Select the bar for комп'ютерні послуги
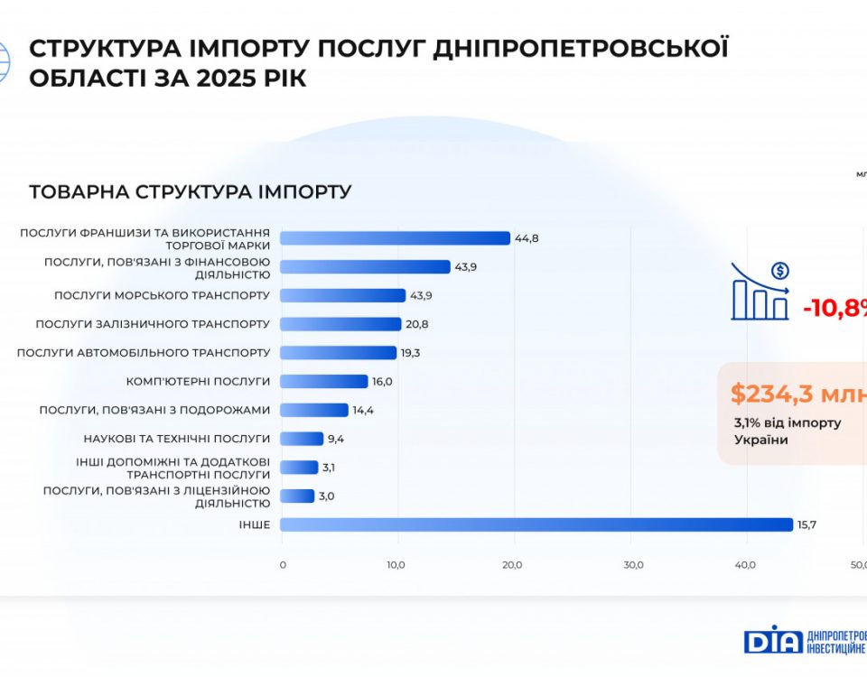click(324, 381)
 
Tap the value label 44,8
click(527, 238)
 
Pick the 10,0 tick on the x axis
click(396, 565)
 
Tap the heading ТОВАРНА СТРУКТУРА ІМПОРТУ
click(191, 192)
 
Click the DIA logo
click(772, 640)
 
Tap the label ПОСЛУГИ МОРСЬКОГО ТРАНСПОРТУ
click(162, 295)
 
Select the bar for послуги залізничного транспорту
click(340, 324)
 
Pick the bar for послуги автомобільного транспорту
click(338, 352)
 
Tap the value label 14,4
click(363, 410)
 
